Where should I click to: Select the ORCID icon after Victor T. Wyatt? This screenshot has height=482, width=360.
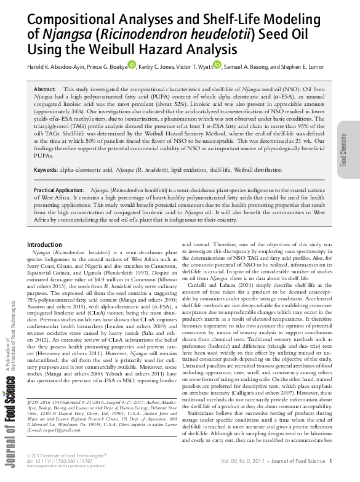(x=217, y=65)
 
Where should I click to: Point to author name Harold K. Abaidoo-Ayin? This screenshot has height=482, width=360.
(x=54, y=66)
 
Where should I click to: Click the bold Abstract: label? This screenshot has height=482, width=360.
(x=45, y=90)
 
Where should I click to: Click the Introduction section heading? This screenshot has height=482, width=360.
(x=45, y=245)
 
